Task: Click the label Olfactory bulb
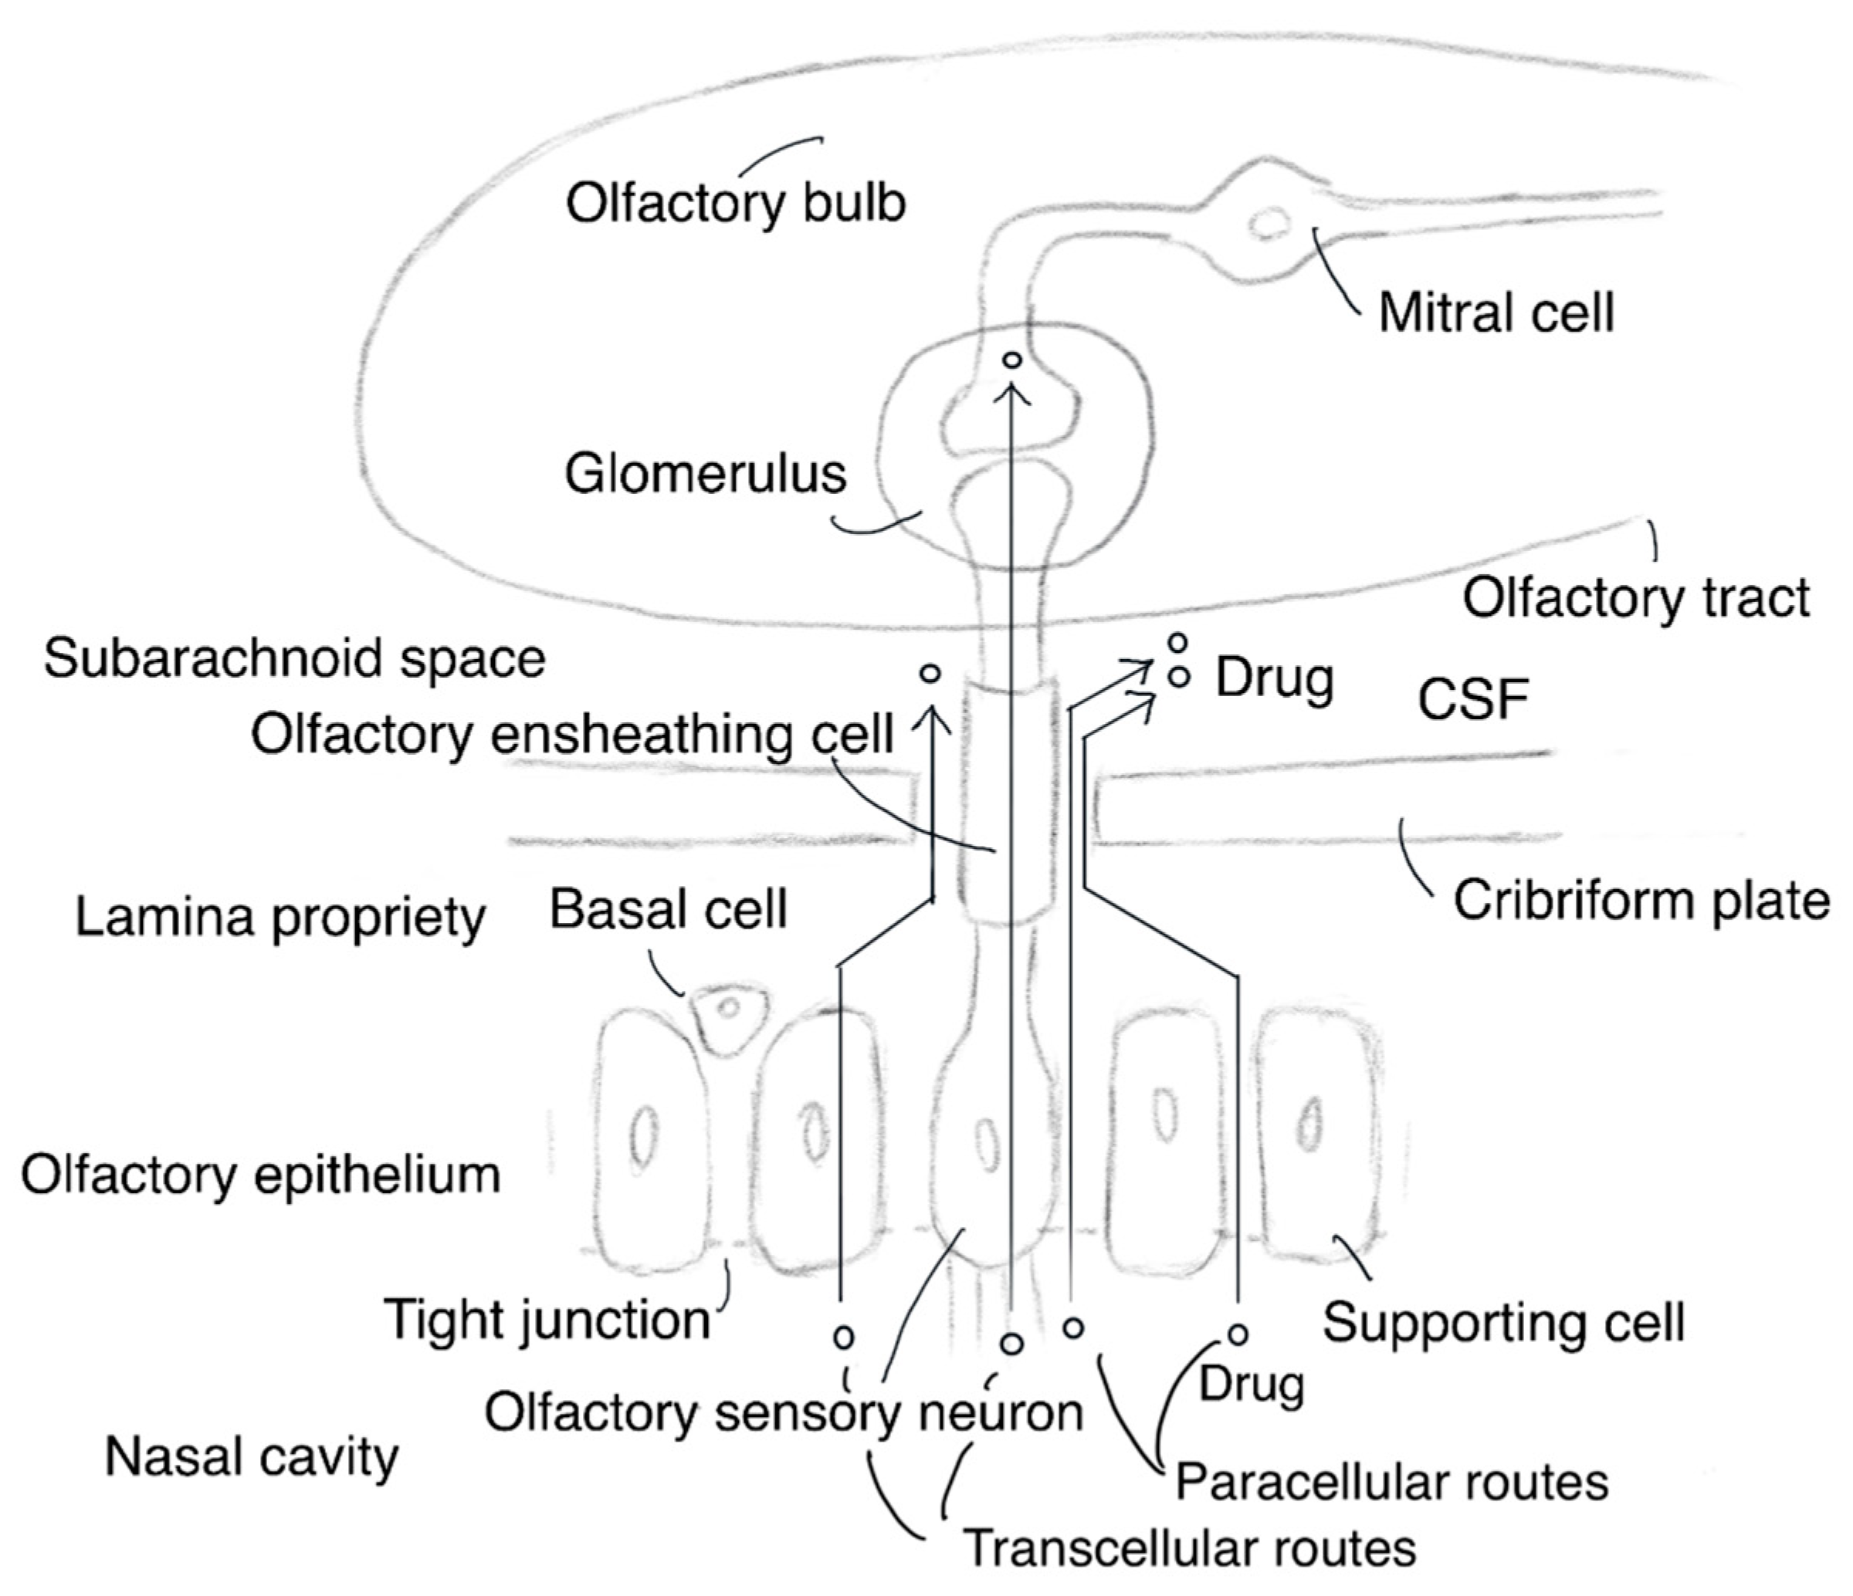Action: [735, 204]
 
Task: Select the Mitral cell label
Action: [1496, 313]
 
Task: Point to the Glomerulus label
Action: [705, 474]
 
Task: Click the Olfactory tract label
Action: [1636, 597]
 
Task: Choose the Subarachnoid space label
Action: [294, 659]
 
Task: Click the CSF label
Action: [1473, 699]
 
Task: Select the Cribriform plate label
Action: [1641, 901]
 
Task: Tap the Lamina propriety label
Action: [280, 918]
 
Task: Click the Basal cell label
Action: [668, 909]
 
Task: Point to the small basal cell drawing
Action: [729, 1015]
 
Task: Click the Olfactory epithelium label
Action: [260, 1175]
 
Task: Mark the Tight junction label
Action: [547, 1320]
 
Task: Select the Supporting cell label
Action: [1503, 1322]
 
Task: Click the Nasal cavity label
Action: [251, 1457]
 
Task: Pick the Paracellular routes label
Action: [1391, 1482]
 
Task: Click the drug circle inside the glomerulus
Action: [1011, 360]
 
